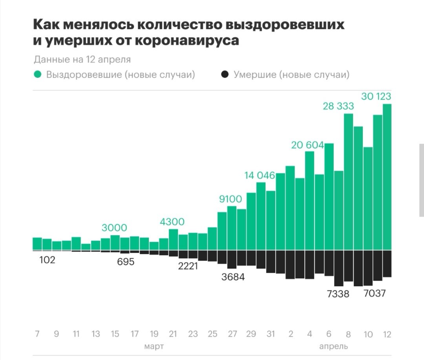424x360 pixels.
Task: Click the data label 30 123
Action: [x=376, y=96]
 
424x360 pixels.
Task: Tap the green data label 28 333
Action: [x=338, y=106]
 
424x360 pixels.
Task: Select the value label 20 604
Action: [x=307, y=145]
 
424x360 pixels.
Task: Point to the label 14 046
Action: [x=260, y=175]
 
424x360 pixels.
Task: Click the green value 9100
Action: [x=230, y=199]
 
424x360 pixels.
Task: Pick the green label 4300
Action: [x=172, y=222]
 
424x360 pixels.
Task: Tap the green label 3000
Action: [x=114, y=228]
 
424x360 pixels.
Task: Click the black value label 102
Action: [x=47, y=260]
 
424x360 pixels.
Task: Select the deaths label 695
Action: [x=126, y=262]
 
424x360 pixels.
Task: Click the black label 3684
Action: [x=233, y=277]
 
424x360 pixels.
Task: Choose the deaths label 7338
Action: [x=338, y=294]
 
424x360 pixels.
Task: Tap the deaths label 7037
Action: [x=375, y=293]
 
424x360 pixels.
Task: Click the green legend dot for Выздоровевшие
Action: [x=38, y=75]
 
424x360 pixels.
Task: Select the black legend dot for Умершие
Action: [x=225, y=75]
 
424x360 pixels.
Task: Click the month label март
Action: [x=154, y=346]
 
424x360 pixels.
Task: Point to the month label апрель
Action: [x=333, y=346]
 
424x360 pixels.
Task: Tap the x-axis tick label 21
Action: [x=173, y=334]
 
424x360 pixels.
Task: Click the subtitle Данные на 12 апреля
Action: [x=82, y=60]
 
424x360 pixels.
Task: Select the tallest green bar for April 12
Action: [x=387, y=177]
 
